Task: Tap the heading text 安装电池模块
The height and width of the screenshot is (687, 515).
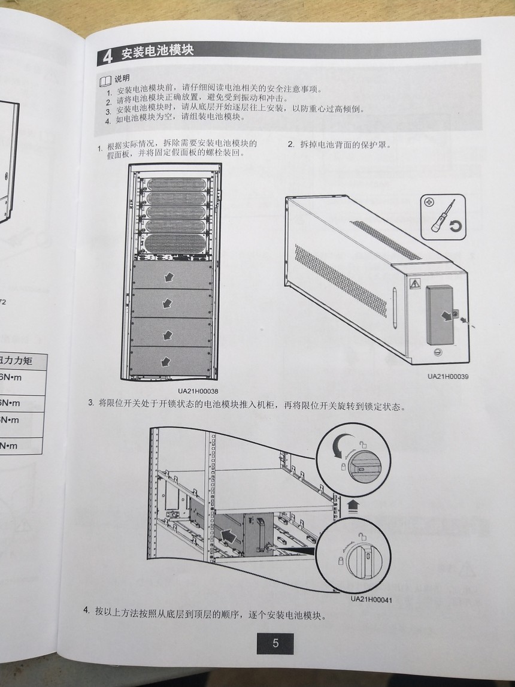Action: point(157,52)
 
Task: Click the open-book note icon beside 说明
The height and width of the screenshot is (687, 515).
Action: point(105,80)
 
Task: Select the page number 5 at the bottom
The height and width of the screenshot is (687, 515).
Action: point(275,643)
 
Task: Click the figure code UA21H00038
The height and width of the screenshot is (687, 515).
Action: point(198,391)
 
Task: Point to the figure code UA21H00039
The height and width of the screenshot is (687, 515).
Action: point(448,377)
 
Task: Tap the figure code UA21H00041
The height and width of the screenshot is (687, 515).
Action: point(371,599)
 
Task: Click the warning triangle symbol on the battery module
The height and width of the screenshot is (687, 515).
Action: point(413,283)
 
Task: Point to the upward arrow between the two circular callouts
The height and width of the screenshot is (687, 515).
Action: point(353,505)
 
